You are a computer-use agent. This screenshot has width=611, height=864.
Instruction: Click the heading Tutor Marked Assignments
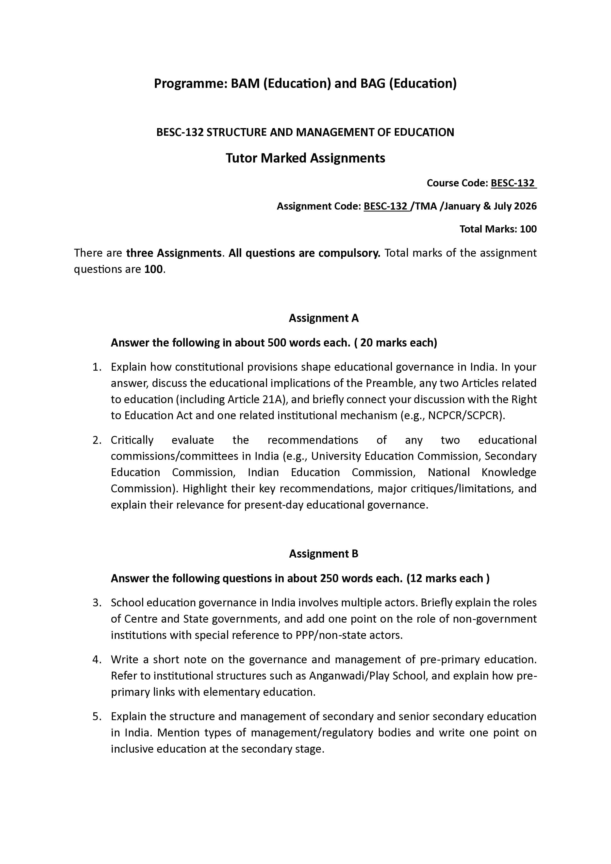click(305, 158)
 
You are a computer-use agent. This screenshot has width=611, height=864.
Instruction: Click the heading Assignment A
click(324, 318)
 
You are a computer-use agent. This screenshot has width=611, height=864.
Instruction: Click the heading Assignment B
click(324, 554)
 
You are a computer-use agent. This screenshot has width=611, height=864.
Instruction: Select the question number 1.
click(97, 367)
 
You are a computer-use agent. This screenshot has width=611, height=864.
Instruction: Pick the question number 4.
click(97, 660)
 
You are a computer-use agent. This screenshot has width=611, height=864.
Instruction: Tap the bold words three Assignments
click(173, 253)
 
